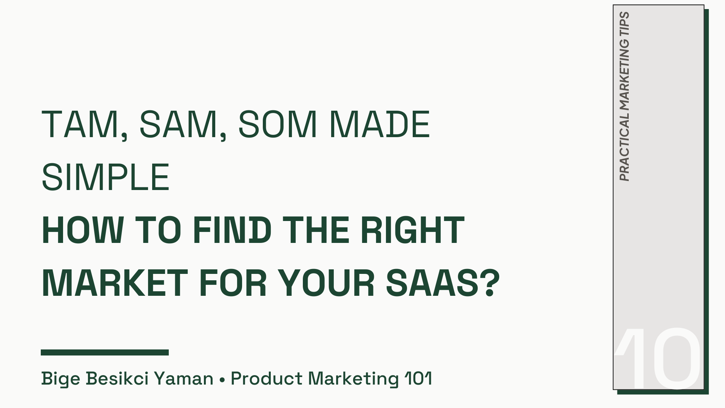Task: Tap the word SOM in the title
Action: tap(278, 125)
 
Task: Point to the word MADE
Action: tap(380, 125)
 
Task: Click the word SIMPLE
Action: tap(106, 178)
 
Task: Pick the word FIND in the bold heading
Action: tap(232, 230)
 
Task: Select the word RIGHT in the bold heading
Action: tap(412, 230)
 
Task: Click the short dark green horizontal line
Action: tap(105, 352)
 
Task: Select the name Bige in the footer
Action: tap(60, 379)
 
